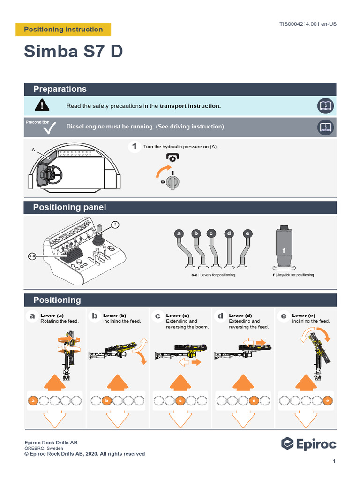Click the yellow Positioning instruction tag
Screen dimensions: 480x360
(x=63, y=29)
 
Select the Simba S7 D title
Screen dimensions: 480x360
(x=74, y=52)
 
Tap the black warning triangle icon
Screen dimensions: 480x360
(x=42, y=105)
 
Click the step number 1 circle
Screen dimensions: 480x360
(x=135, y=147)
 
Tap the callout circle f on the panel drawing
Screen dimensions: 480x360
(x=115, y=225)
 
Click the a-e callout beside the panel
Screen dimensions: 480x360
(x=32, y=256)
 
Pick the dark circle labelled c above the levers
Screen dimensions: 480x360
(x=211, y=233)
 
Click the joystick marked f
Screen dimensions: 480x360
(x=284, y=248)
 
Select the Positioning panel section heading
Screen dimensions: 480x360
(x=69, y=207)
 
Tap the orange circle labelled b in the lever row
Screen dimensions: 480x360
(x=107, y=401)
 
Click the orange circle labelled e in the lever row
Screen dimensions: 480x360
(x=328, y=401)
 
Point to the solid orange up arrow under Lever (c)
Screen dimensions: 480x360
(x=180, y=382)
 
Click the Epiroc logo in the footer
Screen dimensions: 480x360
(x=308, y=443)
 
